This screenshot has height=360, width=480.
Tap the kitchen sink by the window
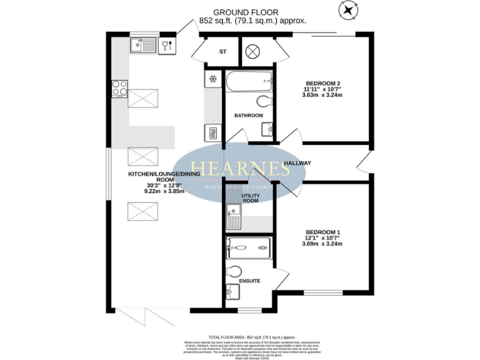[143, 44]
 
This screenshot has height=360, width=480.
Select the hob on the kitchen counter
[119, 89]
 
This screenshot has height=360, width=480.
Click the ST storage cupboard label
[222, 52]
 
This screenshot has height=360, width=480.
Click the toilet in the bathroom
[264, 101]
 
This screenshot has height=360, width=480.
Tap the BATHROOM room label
[248, 116]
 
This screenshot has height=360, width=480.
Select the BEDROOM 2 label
[322, 84]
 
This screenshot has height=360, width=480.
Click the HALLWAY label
[297, 163]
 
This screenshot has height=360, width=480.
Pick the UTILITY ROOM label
[250, 197]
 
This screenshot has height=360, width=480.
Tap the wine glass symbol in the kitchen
[167, 44]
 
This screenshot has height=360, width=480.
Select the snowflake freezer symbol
[212, 79]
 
